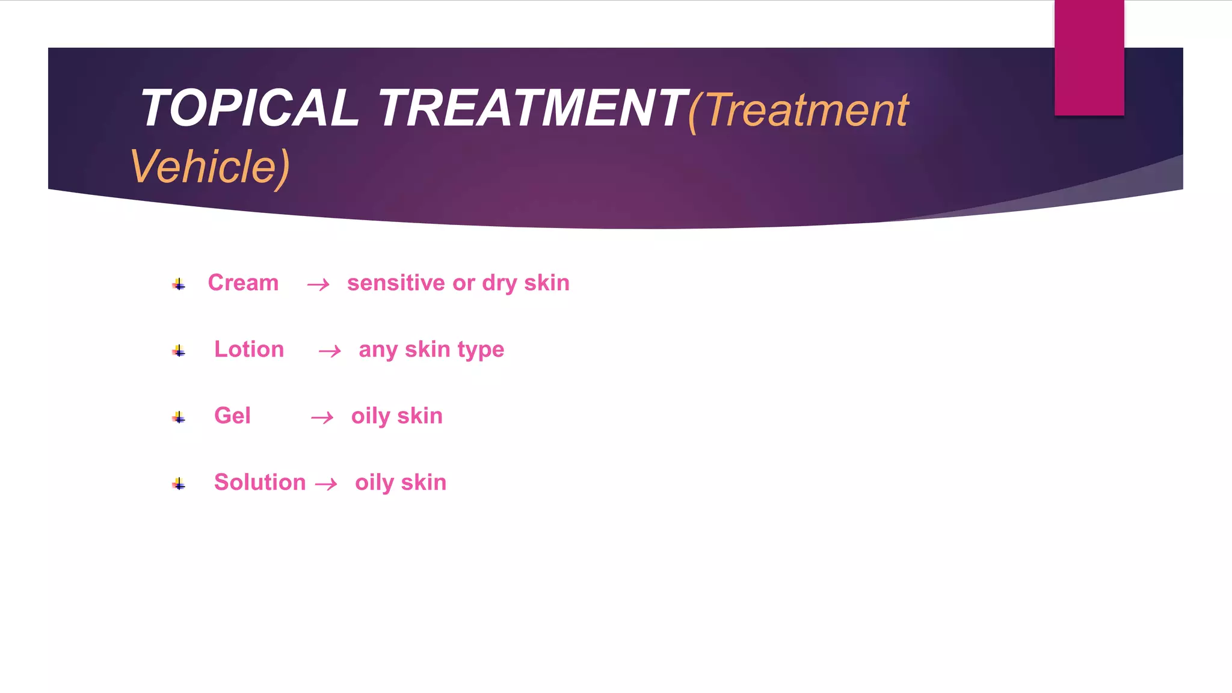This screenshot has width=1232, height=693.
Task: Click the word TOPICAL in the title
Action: click(249, 108)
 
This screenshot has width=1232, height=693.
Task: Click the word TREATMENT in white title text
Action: click(532, 108)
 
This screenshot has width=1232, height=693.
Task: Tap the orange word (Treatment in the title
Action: click(798, 111)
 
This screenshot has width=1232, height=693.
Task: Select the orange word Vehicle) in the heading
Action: click(210, 167)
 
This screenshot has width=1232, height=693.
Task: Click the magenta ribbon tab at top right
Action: click(1089, 58)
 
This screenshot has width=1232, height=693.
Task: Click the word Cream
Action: click(243, 283)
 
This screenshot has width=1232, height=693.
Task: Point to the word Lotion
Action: click(249, 350)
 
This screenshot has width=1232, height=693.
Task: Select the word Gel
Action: click(232, 416)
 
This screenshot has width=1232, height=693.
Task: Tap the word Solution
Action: click(260, 482)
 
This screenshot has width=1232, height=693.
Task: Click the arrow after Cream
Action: click(318, 285)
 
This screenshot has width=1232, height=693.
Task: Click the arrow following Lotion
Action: click(330, 351)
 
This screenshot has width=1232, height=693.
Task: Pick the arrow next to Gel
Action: click(322, 417)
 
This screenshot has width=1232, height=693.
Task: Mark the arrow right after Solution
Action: click(326, 484)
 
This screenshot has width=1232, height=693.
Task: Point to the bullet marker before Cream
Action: click(179, 284)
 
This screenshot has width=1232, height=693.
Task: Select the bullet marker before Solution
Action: click(179, 484)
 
